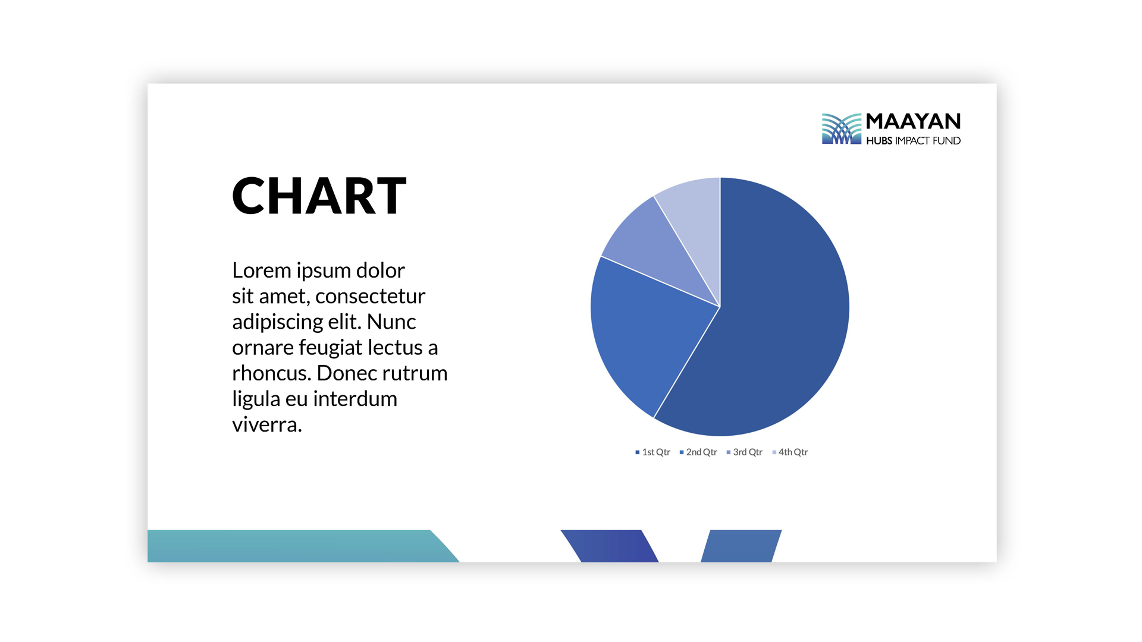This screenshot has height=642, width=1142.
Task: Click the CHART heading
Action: click(x=319, y=196)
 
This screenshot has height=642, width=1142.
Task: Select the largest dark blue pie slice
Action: click(x=773, y=315)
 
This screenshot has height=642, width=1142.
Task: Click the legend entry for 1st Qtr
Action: click(x=652, y=452)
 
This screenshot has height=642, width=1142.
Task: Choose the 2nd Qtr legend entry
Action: click(x=698, y=452)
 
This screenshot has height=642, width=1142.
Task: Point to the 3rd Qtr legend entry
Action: click(x=744, y=452)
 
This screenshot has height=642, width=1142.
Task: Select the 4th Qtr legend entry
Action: click(x=790, y=452)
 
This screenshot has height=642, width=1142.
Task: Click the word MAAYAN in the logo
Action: click(x=913, y=121)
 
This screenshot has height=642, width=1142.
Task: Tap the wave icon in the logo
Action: click(x=842, y=128)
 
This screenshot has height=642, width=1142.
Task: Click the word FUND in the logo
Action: click(x=946, y=141)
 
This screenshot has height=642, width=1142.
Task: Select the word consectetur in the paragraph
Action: click(x=370, y=296)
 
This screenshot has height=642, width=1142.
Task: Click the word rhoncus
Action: click(x=272, y=373)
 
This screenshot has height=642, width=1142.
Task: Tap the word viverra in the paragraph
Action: click(x=267, y=425)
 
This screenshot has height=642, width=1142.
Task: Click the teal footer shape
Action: click(x=297, y=546)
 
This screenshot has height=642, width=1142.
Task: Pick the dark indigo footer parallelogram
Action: click(x=610, y=546)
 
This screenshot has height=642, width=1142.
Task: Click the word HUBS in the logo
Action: click(x=879, y=141)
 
